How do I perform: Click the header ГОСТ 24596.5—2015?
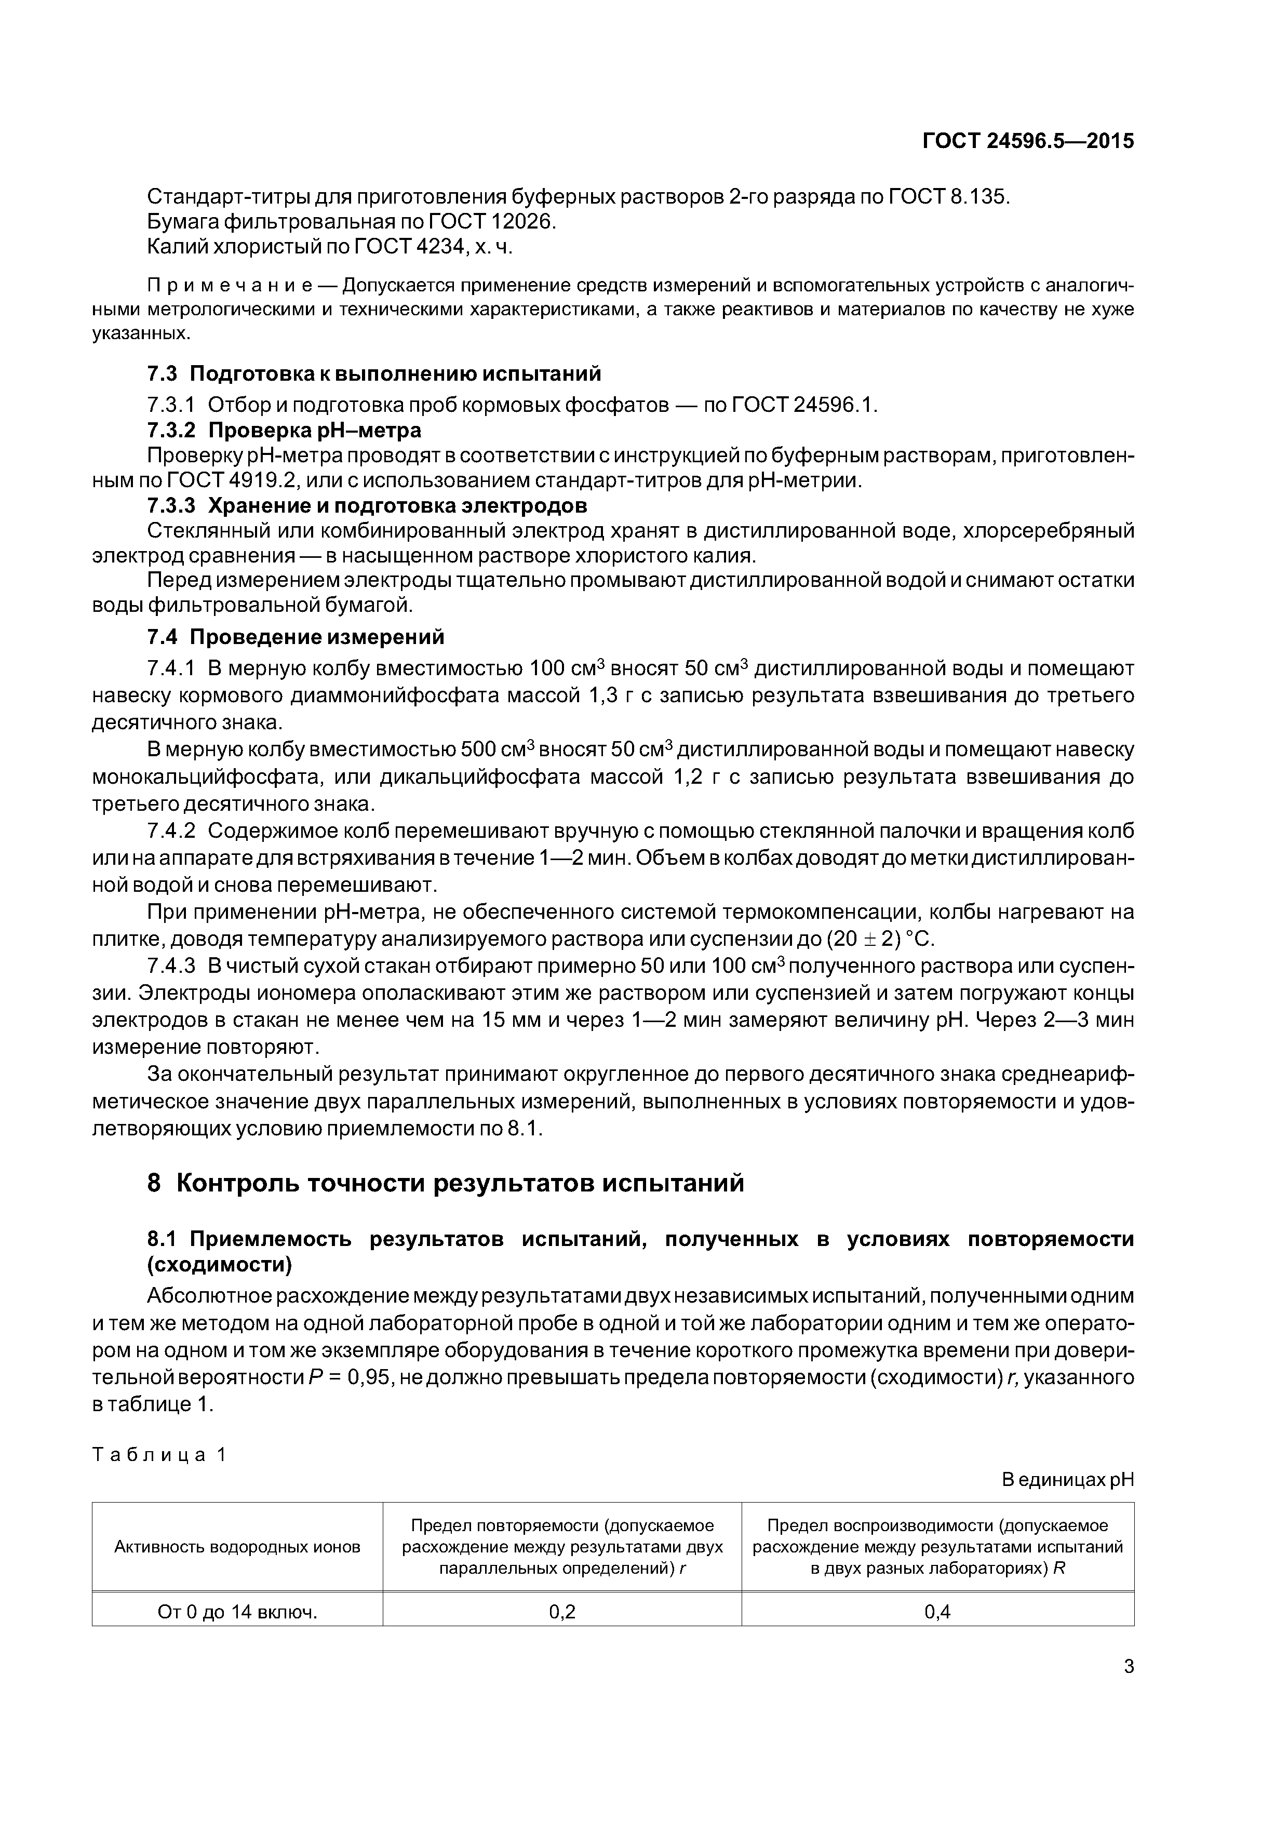point(1028,141)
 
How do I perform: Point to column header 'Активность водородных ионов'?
point(237,1547)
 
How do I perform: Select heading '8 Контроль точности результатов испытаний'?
point(446,1183)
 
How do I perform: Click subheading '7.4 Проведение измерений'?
point(296,637)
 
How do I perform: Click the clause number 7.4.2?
point(171,832)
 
